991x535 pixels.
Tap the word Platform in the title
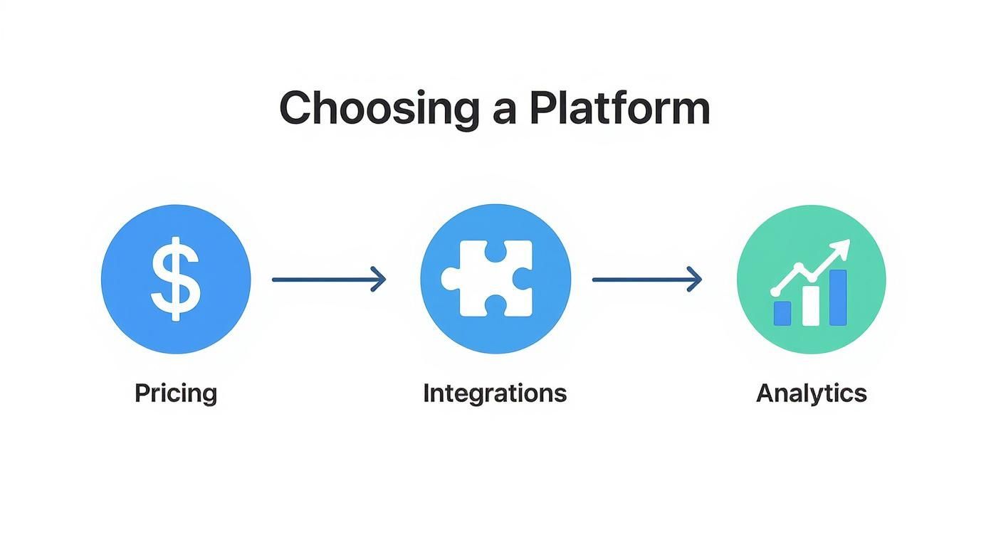point(619,108)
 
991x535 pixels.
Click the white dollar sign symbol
point(176,280)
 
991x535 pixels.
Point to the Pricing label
point(176,393)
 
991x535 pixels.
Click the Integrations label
point(495,393)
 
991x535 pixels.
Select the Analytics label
point(811,393)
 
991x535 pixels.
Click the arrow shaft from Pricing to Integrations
point(320,280)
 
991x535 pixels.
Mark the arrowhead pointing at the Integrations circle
point(379,280)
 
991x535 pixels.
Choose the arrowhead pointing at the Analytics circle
point(695,280)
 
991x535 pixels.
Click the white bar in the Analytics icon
point(811,306)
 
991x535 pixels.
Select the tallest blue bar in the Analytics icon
point(838,297)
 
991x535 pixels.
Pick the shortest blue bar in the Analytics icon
point(782,313)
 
